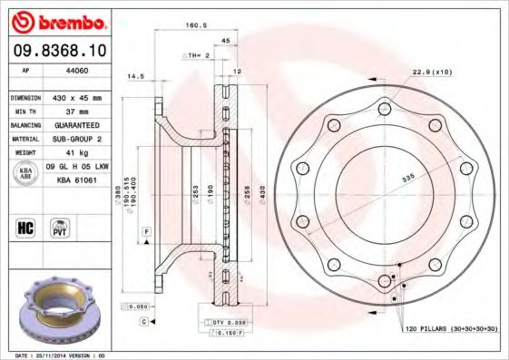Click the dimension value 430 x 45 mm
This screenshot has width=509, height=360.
[x=80, y=97]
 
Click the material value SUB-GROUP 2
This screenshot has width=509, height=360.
[x=80, y=139]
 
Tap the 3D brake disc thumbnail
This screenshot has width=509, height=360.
[x=58, y=308]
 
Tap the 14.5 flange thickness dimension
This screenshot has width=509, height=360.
[x=137, y=76]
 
